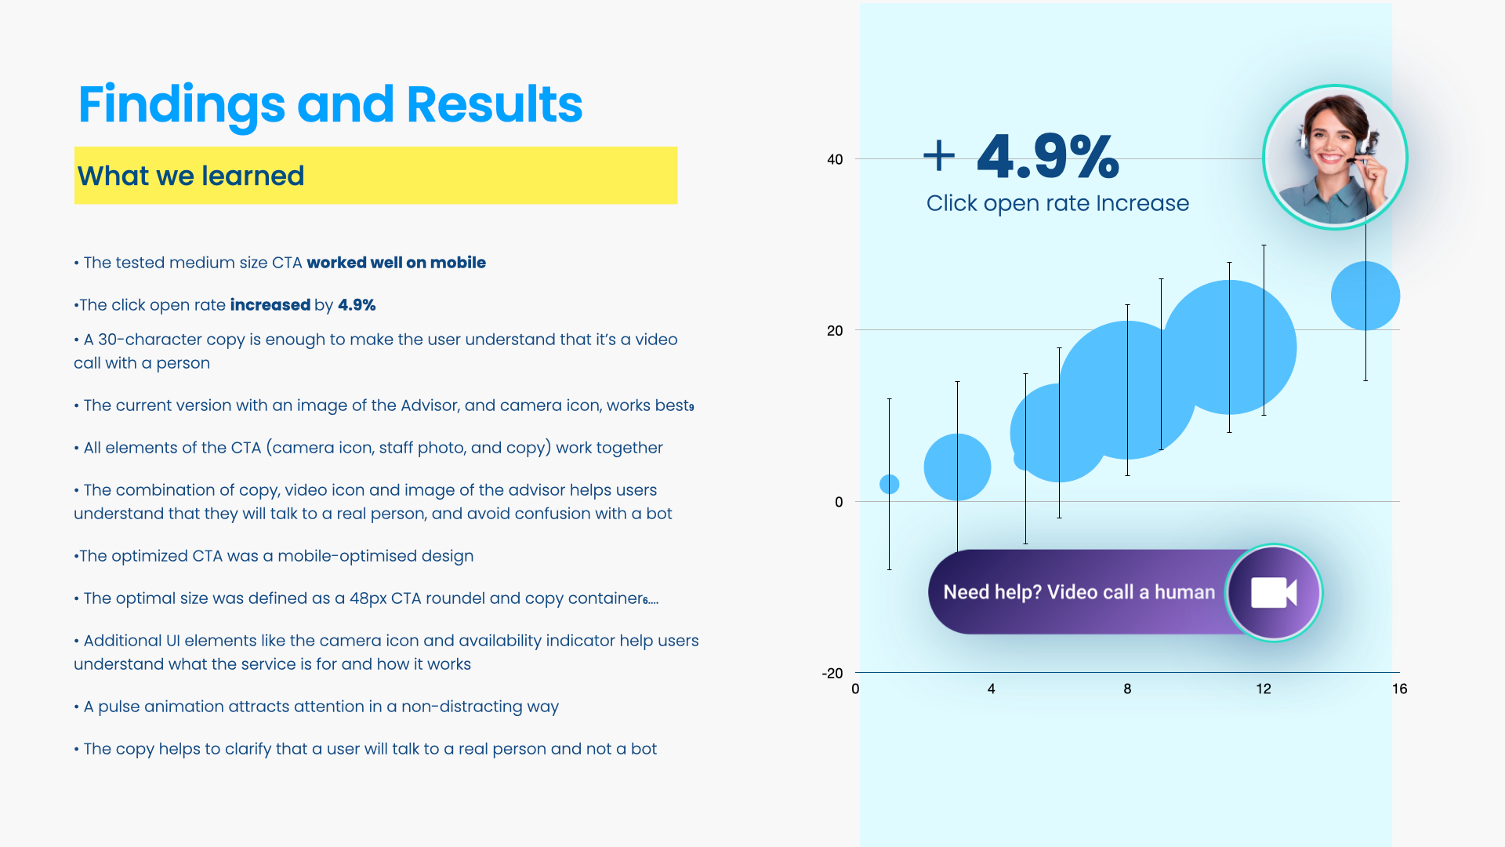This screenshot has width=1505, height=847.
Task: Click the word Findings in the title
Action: click(x=182, y=105)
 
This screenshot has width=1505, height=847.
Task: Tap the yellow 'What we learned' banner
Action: click(x=375, y=176)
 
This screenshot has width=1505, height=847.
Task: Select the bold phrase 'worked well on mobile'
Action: click(x=396, y=263)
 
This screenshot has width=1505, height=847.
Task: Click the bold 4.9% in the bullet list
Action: click(x=357, y=305)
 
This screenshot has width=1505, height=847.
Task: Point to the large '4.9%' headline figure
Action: click(x=1048, y=156)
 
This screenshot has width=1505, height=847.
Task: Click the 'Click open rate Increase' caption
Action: click(x=1057, y=203)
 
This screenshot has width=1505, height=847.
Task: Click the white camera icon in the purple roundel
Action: click(x=1274, y=593)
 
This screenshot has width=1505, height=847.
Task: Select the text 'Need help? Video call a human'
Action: click(x=1079, y=592)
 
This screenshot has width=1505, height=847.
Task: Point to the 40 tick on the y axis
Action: click(x=835, y=160)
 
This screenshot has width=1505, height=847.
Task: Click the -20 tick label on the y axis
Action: click(x=832, y=674)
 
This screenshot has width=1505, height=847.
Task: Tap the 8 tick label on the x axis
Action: click(x=1127, y=689)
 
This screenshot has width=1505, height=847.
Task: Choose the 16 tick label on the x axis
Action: click(x=1399, y=689)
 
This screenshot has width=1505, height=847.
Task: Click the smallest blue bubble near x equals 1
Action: click(x=889, y=485)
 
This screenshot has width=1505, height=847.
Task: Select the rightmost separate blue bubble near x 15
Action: click(x=1365, y=296)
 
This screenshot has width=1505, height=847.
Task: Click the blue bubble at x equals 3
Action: click(x=957, y=467)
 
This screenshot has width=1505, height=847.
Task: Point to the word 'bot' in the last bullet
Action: click(x=644, y=749)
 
